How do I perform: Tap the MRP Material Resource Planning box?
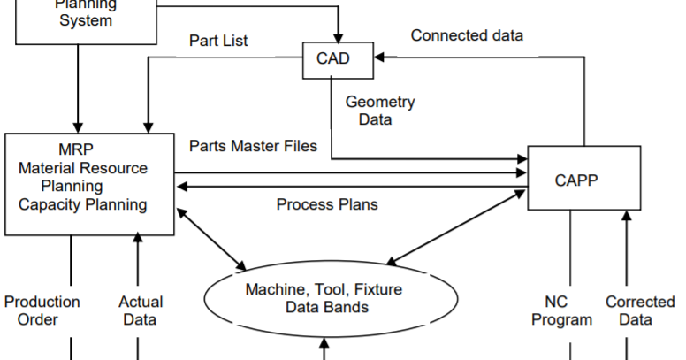pyautogui.click(x=88, y=184)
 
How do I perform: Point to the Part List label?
pyautogui.click(x=218, y=42)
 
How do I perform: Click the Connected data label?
pyautogui.click(x=467, y=35)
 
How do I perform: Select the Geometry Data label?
pyautogui.click(x=380, y=111)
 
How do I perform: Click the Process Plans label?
pyautogui.click(x=327, y=204)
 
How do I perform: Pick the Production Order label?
pyautogui.click(x=42, y=310)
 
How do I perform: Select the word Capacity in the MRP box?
pyautogui.click(x=53, y=205)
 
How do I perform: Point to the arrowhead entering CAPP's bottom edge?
pyautogui.click(x=627, y=216)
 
